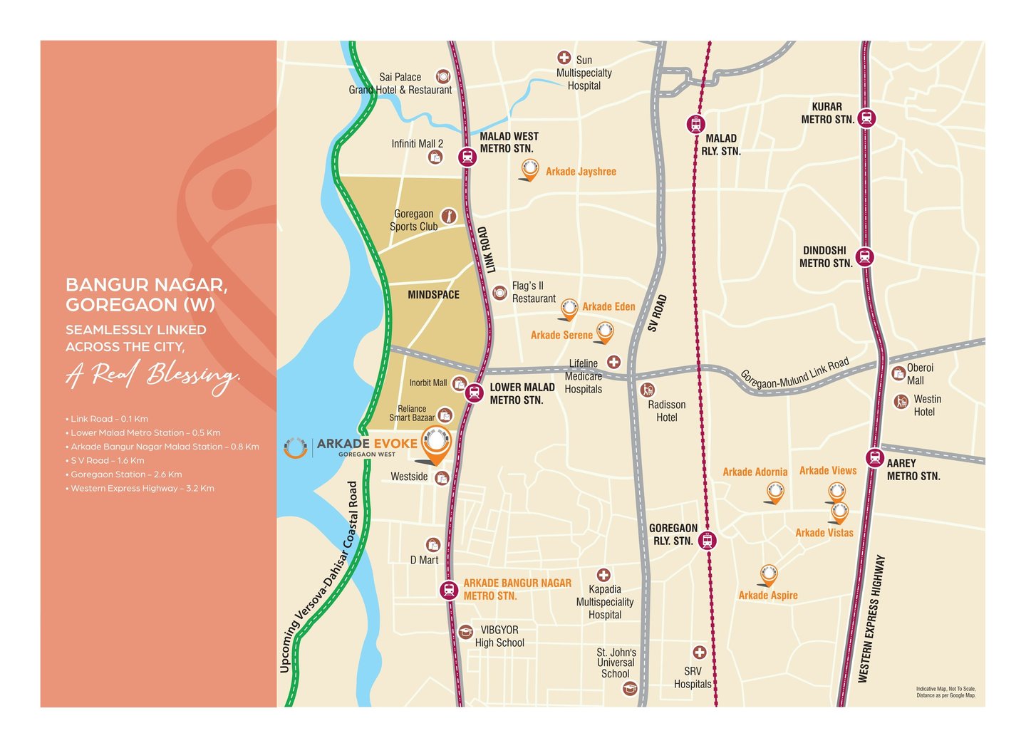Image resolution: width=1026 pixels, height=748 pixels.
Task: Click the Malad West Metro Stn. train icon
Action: coord(467,157)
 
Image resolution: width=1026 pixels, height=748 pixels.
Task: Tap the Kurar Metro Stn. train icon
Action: coord(866,118)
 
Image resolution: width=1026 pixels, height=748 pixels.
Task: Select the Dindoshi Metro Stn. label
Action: coord(825,257)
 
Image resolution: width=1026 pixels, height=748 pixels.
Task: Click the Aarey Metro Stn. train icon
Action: coord(874,458)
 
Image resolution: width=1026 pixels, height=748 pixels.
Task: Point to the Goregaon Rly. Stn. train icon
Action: coord(707,541)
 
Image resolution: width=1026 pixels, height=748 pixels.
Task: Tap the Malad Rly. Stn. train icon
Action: coord(695,124)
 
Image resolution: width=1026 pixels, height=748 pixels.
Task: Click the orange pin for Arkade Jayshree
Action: coord(529,170)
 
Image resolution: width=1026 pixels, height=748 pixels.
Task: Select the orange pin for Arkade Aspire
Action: coord(768,574)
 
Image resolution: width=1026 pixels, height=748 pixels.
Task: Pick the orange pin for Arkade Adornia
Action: coord(775,492)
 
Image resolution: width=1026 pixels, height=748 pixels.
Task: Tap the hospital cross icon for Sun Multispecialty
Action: coord(564,58)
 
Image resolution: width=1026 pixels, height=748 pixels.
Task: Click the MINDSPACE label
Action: coord(433,295)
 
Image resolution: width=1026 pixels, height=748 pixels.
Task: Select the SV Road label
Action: coord(657,313)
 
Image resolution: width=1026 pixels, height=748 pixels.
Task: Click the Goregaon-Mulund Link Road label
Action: coord(794,374)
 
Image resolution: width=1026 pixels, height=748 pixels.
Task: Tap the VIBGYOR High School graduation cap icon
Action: coord(465,632)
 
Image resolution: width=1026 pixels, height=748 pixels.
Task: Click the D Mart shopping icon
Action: coord(432,545)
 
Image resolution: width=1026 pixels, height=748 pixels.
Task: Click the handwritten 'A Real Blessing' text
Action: coord(153,375)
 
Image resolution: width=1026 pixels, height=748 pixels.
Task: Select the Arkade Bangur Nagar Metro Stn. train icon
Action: coord(448,590)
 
